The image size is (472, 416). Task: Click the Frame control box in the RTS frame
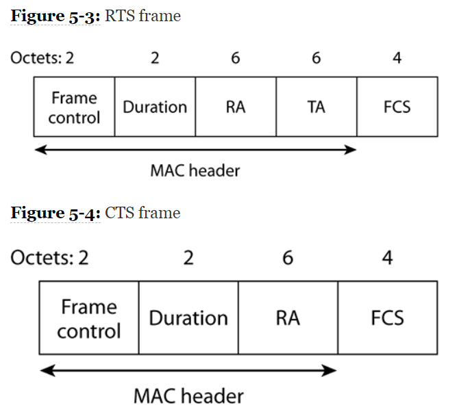[x=74, y=107]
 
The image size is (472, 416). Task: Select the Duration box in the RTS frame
[x=155, y=107]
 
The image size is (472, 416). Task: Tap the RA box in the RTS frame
[x=236, y=107]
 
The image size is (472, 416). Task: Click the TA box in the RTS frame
[x=316, y=107]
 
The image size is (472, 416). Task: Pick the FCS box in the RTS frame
[x=397, y=107]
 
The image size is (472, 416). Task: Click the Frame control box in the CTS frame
[x=89, y=318]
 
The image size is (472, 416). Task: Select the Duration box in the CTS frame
[x=188, y=318]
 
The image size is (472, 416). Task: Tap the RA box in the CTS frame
[x=288, y=318]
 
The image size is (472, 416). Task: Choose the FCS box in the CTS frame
[x=388, y=318]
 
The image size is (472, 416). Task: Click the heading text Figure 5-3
[x=55, y=16]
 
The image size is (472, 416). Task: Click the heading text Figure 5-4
[x=55, y=213]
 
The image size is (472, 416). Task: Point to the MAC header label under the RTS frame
[x=195, y=170]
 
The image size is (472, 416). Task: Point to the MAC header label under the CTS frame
[x=188, y=395]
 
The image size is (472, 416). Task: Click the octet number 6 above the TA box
[x=316, y=57]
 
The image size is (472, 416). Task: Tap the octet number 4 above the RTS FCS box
[x=397, y=57]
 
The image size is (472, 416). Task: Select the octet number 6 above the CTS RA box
[x=288, y=258]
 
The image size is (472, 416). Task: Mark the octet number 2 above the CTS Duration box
[x=188, y=258]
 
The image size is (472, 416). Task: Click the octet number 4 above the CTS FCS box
[x=388, y=258]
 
